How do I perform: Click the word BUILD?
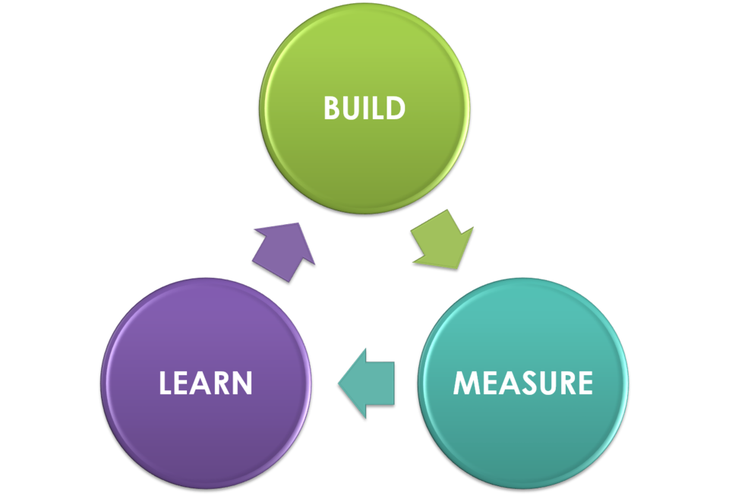coord(364,109)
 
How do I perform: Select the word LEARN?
coord(206,383)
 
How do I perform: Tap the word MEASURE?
coord(523,383)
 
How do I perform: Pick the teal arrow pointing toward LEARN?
coord(368,383)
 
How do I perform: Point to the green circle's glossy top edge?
coord(364,6)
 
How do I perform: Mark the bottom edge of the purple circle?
coord(206,485)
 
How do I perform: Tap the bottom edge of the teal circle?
coord(523,485)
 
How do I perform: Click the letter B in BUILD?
coord(332,109)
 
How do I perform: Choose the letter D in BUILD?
coord(395,109)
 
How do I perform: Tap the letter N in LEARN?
coord(241,383)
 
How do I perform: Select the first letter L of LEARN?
coord(166,383)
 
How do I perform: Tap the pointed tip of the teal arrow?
coord(339,383)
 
